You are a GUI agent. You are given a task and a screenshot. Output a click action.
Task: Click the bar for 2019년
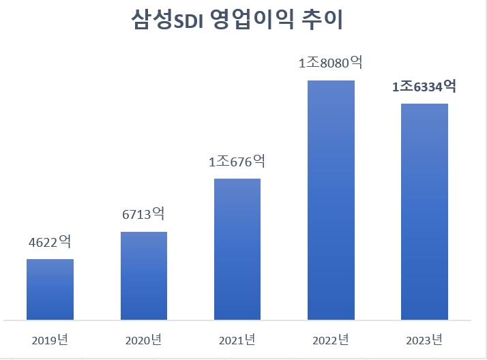coord(50,289)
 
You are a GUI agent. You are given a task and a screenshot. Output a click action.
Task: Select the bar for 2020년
coord(144,275)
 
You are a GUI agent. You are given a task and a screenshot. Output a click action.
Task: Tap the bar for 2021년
coord(237,249)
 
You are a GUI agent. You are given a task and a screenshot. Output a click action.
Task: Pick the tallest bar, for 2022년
coord(331,200)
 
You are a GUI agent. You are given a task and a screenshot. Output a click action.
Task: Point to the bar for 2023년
coord(424,211)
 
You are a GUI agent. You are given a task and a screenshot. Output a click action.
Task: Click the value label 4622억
coord(50,242)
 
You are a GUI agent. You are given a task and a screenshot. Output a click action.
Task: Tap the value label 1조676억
coord(237,162)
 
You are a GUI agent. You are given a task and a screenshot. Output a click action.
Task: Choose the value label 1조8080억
coord(330,63)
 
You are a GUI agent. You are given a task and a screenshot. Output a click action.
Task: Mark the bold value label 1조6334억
coord(424,87)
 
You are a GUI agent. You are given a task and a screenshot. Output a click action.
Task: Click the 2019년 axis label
coord(50,339)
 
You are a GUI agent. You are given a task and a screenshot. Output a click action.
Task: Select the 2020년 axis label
coord(143,339)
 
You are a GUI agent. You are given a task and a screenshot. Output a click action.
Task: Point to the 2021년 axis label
coord(237,339)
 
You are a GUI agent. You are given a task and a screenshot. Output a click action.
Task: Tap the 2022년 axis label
coord(331,339)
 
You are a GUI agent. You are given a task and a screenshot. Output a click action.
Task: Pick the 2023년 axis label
coord(424,339)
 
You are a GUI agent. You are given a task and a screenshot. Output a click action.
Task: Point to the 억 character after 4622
coord(66,241)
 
